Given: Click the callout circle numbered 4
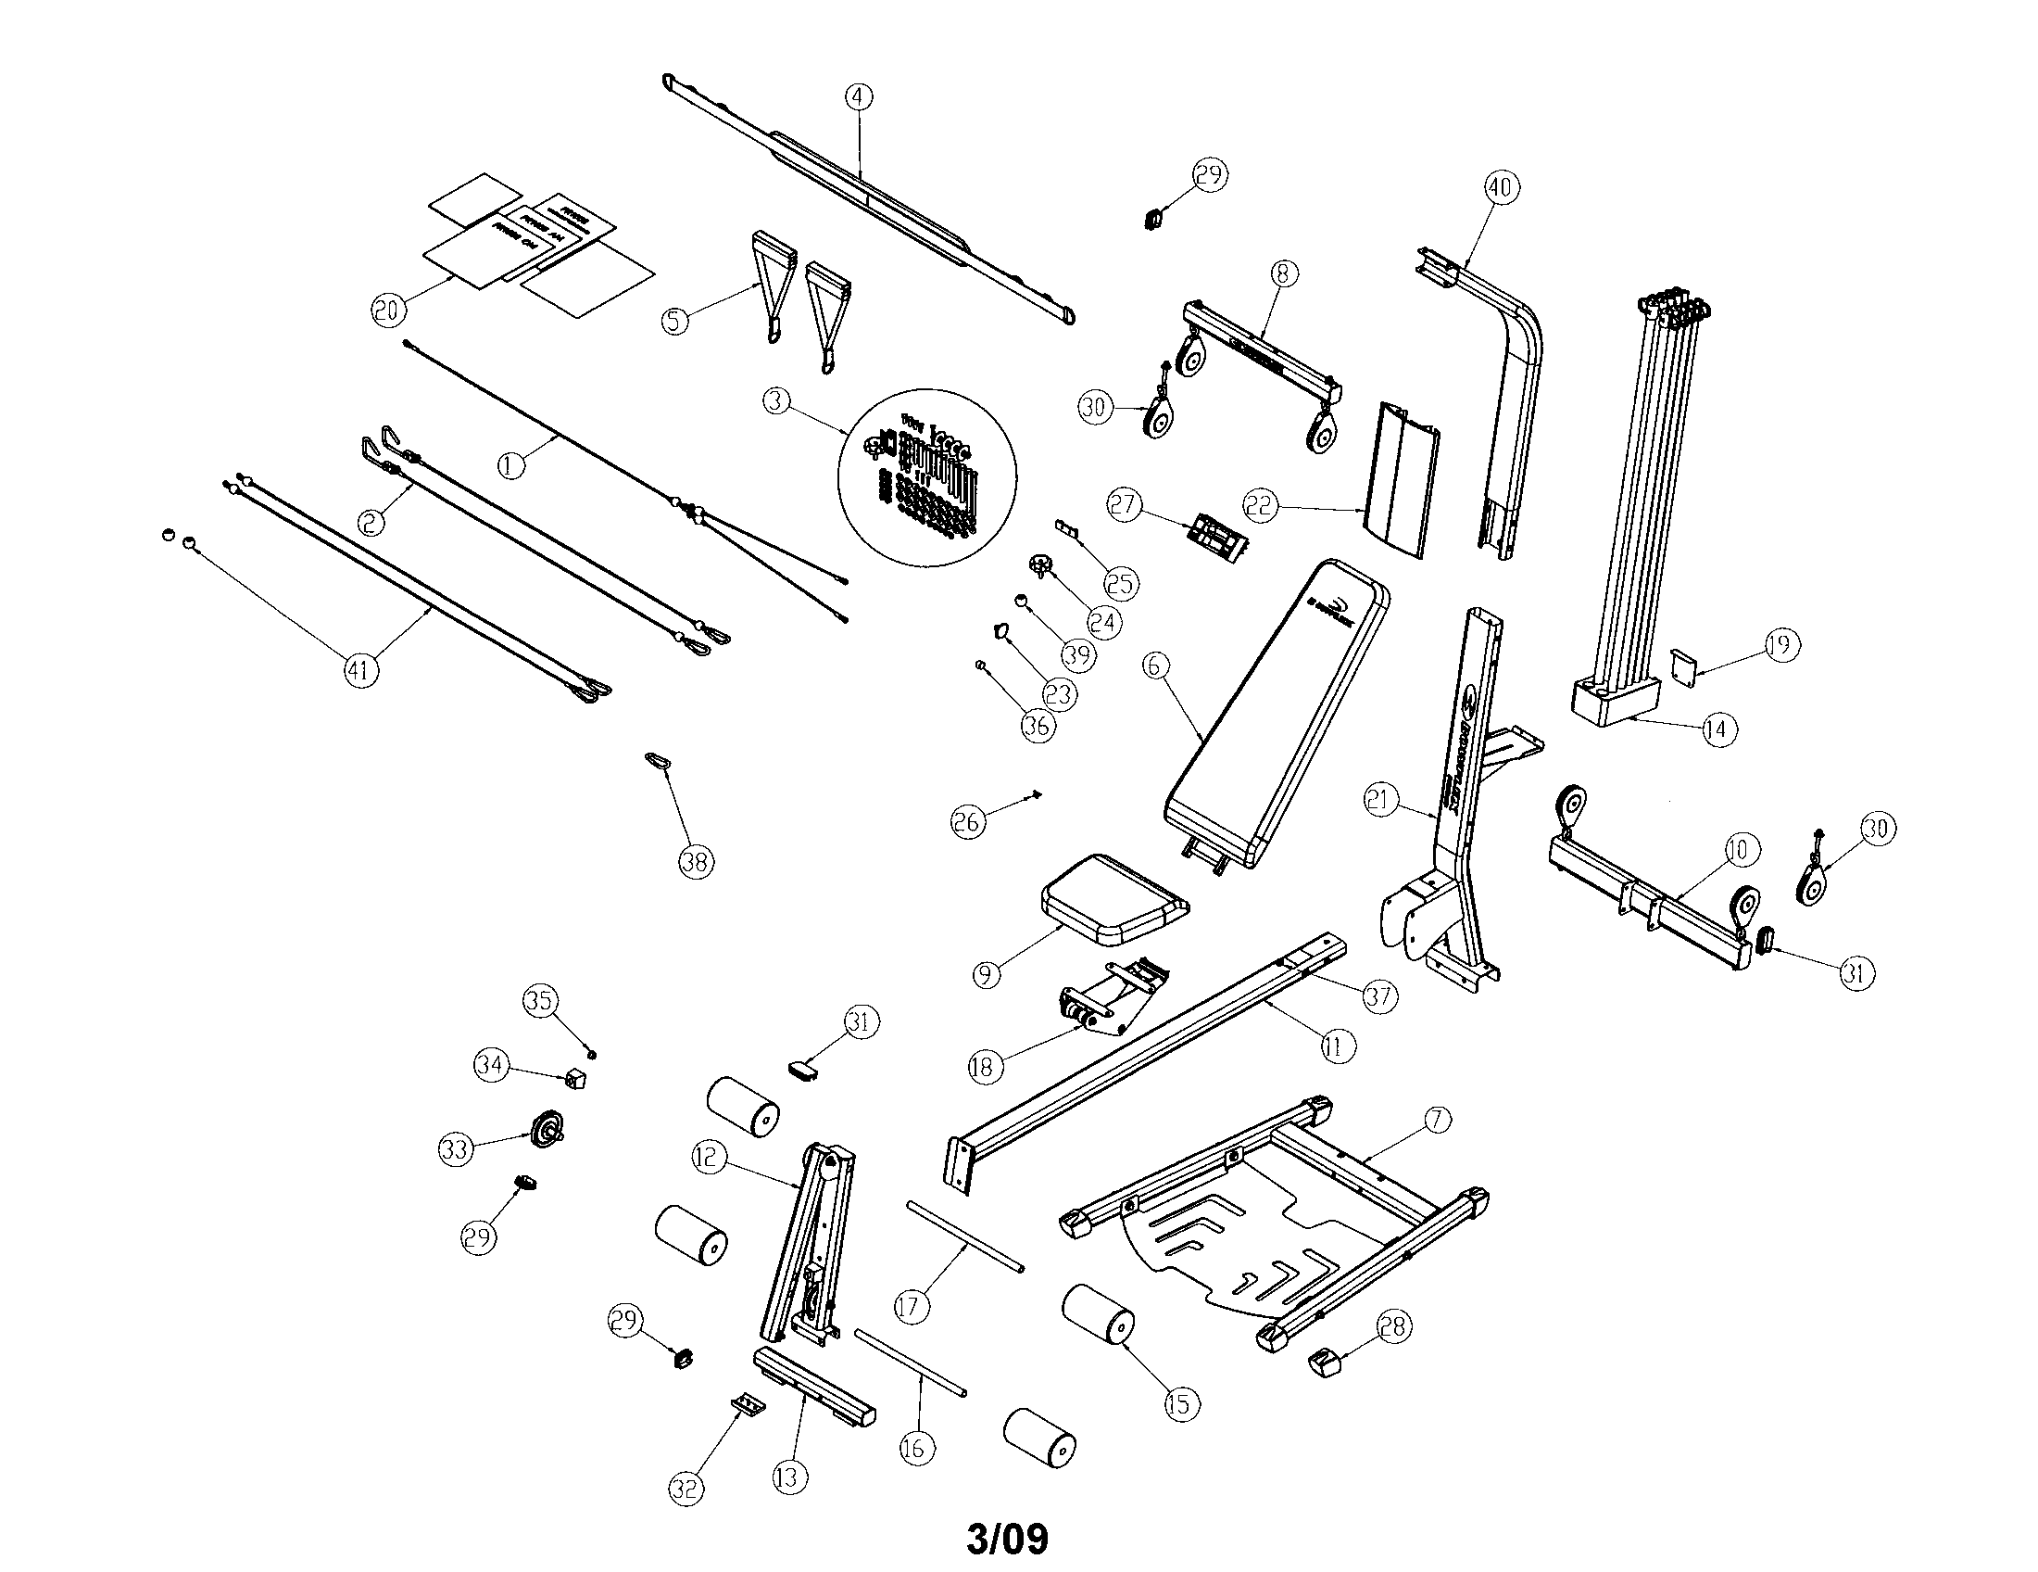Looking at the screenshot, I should pyautogui.click(x=859, y=97).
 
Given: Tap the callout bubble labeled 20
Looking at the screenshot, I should pyautogui.click(x=388, y=310).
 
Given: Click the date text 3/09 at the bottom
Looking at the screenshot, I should pyautogui.click(x=1008, y=1539).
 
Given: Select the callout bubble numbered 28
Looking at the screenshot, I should pyautogui.click(x=1395, y=1327).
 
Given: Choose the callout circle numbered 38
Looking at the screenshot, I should pyautogui.click(x=695, y=861).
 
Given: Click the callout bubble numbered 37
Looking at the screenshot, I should pyautogui.click(x=1378, y=996).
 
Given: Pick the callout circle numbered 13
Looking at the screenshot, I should pyautogui.click(x=789, y=1477).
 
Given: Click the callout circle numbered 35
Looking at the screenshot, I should pyautogui.click(x=539, y=1001).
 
